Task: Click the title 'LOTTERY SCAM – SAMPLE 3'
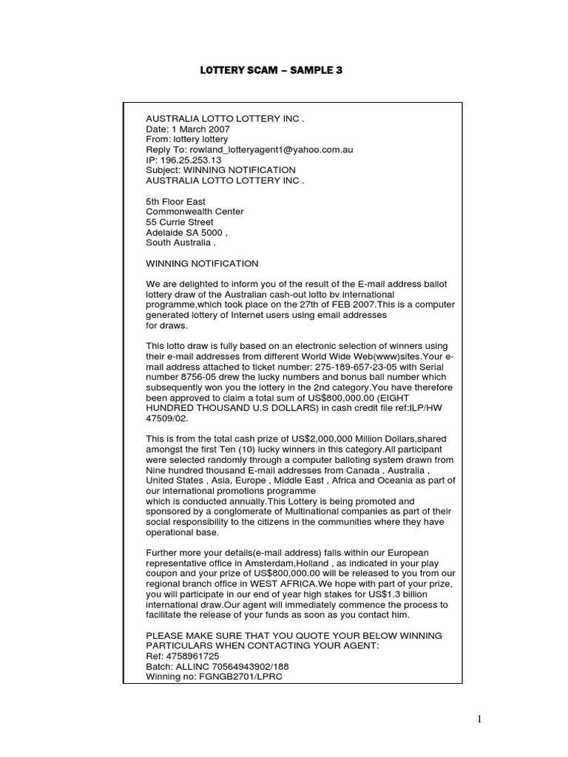pyautogui.click(x=271, y=70)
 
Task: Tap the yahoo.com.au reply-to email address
pyautogui.click(x=271, y=149)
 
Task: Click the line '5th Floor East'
pyautogui.click(x=175, y=201)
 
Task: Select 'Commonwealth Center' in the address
pyautogui.click(x=195, y=211)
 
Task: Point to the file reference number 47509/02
pyautogui.click(x=166, y=418)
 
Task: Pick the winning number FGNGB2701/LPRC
pyautogui.click(x=240, y=677)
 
